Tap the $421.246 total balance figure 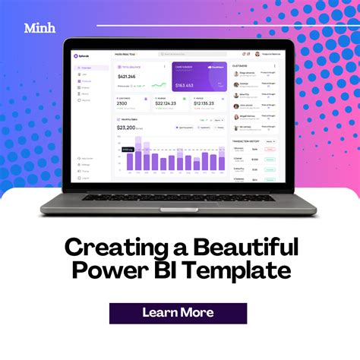coord(128,77)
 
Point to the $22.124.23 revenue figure coord(166,104)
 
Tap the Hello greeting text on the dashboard coord(125,55)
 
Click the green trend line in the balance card coord(159,85)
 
